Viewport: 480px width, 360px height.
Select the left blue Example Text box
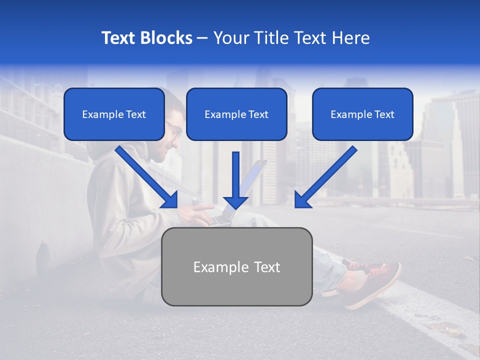[114, 114]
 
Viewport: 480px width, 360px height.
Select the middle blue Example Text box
[236, 114]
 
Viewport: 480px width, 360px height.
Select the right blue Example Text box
[362, 114]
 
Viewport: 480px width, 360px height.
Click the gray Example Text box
[236, 267]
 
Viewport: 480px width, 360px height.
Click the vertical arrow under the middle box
[236, 180]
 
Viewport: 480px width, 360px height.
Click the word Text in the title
[119, 38]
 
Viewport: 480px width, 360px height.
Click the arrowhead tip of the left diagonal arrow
[176, 206]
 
